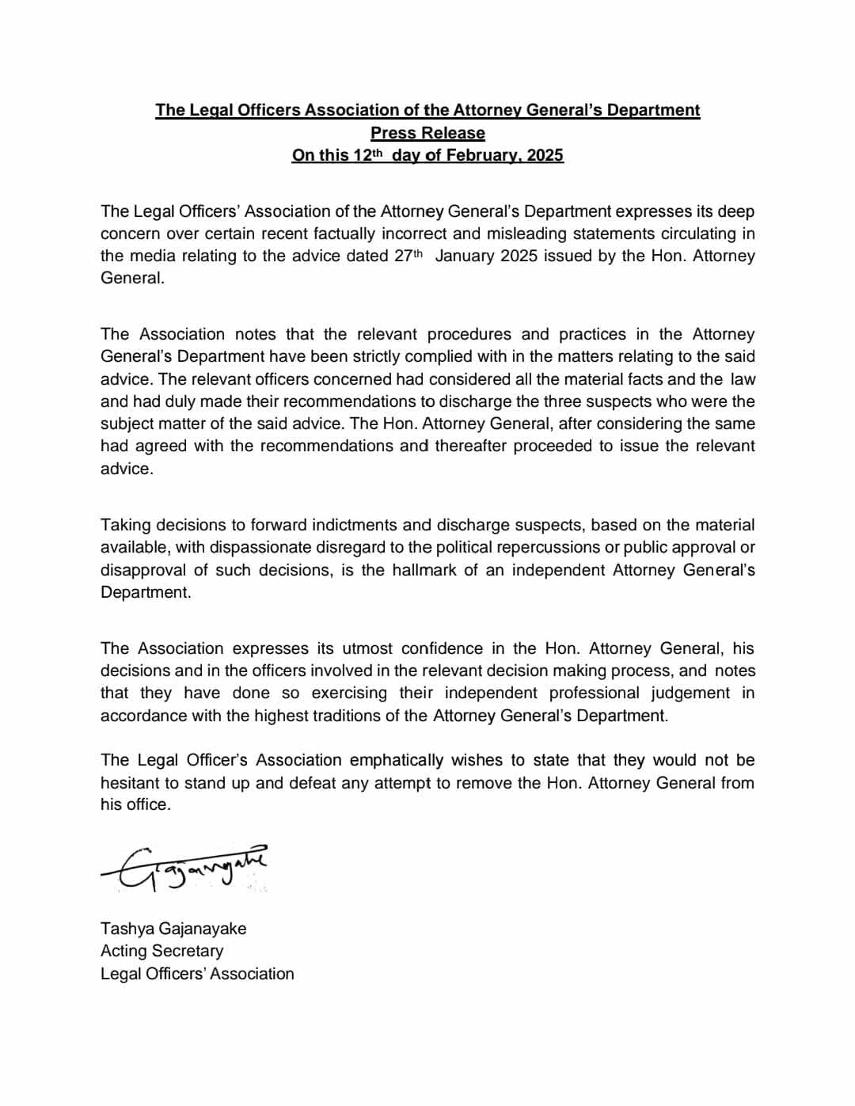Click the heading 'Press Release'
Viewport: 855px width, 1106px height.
point(427,133)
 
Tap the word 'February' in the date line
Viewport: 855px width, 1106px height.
point(481,155)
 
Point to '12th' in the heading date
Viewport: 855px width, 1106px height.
point(367,155)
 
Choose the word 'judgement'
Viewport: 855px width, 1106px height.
point(690,693)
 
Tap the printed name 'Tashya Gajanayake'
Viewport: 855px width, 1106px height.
point(173,929)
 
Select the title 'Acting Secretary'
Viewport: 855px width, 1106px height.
point(161,951)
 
